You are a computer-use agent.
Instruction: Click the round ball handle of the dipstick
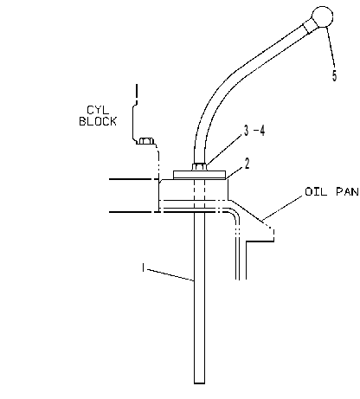click(323, 16)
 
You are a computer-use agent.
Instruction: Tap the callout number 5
click(334, 75)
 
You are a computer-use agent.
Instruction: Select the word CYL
click(98, 110)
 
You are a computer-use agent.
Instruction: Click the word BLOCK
click(98, 121)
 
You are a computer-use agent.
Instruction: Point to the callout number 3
click(246, 131)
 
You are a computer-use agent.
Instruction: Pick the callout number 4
click(262, 131)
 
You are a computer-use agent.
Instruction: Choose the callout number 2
click(247, 164)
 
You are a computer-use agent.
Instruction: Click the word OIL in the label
click(316, 191)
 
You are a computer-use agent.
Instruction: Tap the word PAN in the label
click(348, 191)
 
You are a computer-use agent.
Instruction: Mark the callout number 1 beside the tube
click(143, 267)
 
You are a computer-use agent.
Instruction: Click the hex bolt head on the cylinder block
click(145, 141)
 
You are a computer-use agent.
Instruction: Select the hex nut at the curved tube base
click(199, 166)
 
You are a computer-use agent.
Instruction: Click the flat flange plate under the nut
click(199, 175)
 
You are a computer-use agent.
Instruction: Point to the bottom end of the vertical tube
click(199, 383)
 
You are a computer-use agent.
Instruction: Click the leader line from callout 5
click(331, 48)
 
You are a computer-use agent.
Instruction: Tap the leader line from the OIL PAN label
click(283, 209)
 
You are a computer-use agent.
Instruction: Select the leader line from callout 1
click(170, 274)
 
